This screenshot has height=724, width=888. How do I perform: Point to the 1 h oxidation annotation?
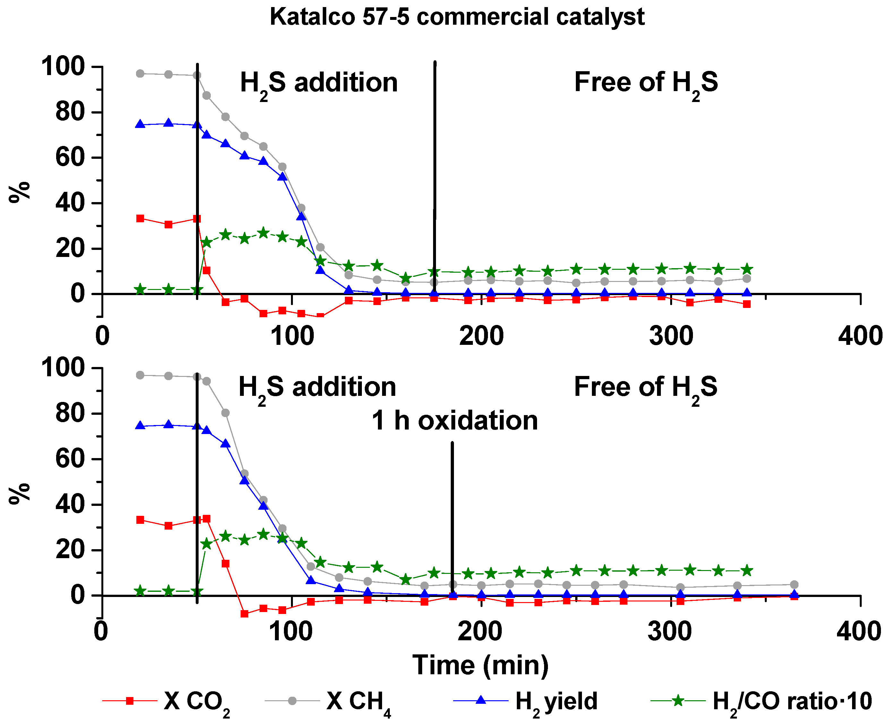pyautogui.click(x=455, y=421)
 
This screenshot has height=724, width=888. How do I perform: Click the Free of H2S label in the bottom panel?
pyautogui.click(x=646, y=387)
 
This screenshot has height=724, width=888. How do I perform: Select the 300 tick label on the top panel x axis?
pyautogui.click(x=671, y=336)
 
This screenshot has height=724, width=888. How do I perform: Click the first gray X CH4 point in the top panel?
pyautogui.click(x=140, y=74)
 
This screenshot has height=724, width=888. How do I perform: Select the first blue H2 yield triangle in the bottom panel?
pyautogui.click(x=140, y=426)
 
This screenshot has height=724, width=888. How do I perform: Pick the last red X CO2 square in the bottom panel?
pyautogui.click(x=794, y=596)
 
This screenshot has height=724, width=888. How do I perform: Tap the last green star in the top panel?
pyautogui.click(x=747, y=269)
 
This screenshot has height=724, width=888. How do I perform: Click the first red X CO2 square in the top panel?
pyautogui.click(x=140, y=218)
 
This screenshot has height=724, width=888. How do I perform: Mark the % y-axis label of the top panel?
pyautogui.click(x=20, y=192)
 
